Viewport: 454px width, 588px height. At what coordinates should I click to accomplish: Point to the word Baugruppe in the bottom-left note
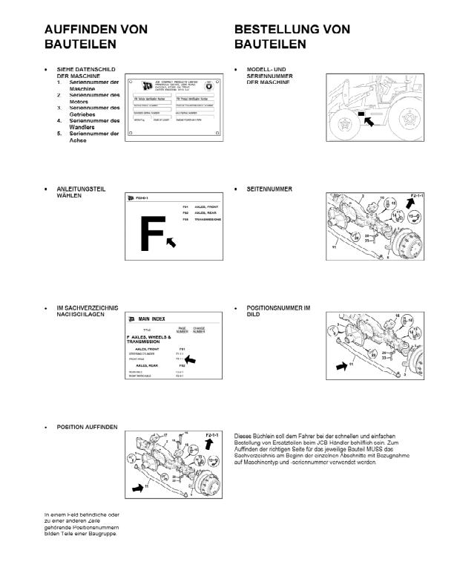[99, 533]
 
